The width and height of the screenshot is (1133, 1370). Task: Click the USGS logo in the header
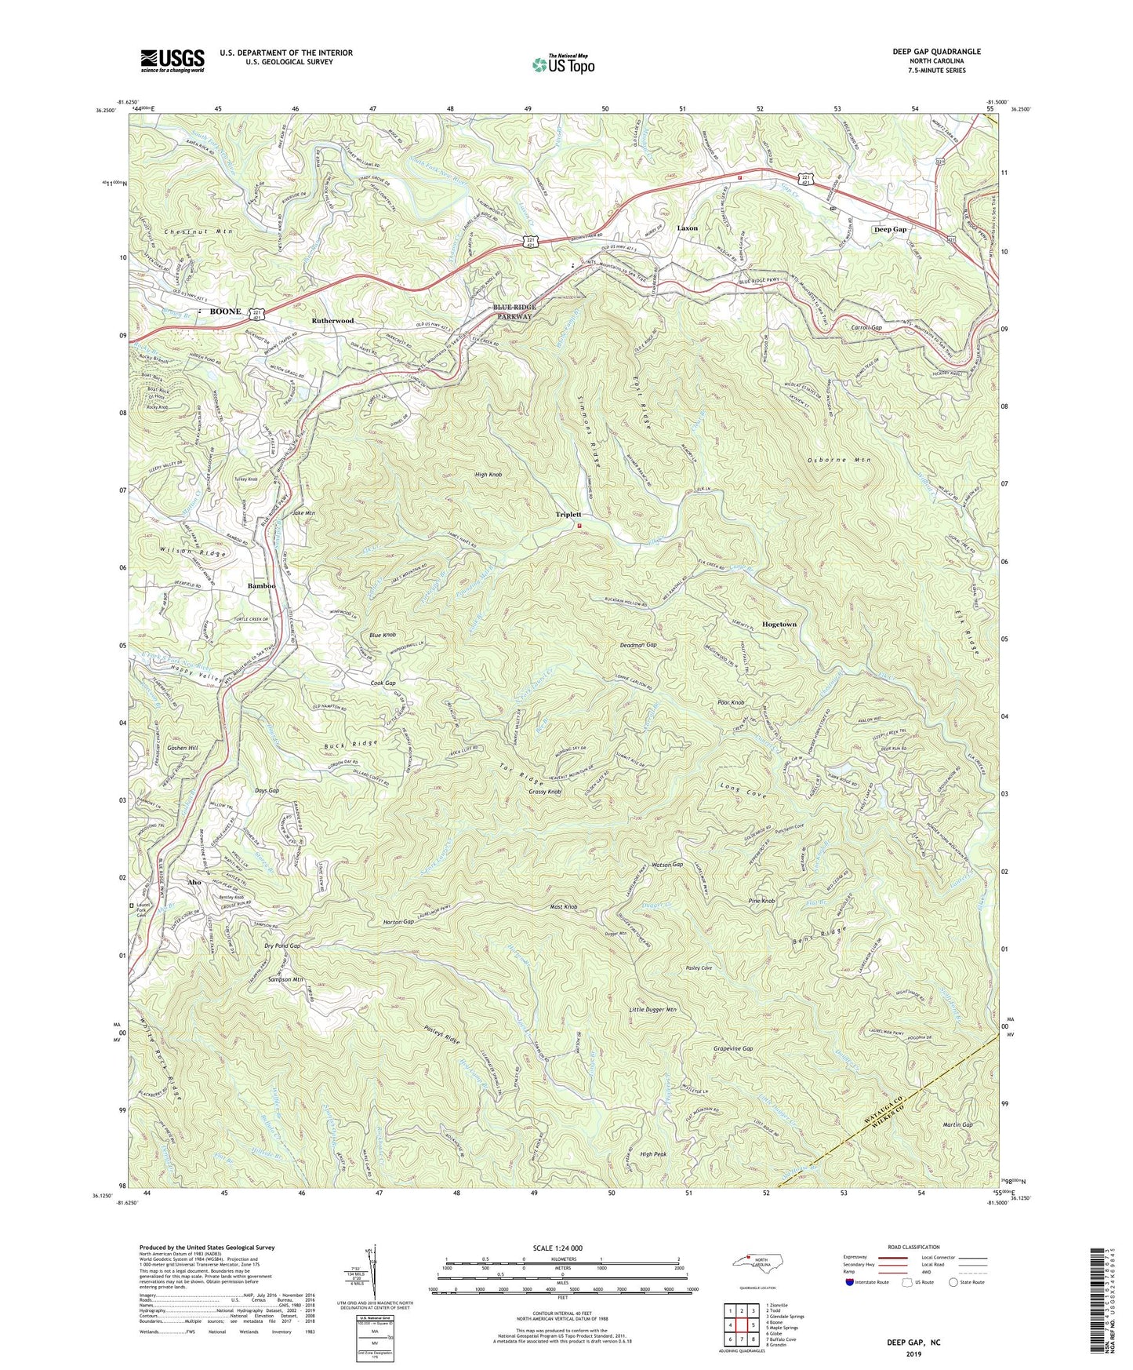[x=172, y=60]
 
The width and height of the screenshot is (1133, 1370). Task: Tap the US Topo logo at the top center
[x=561, y=64]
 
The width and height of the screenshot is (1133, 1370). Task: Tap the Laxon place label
[x=687, y=228]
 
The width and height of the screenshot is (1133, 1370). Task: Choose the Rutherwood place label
[x=332, y=321]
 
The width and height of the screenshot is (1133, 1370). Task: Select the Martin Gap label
[x=957, y=1124]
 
